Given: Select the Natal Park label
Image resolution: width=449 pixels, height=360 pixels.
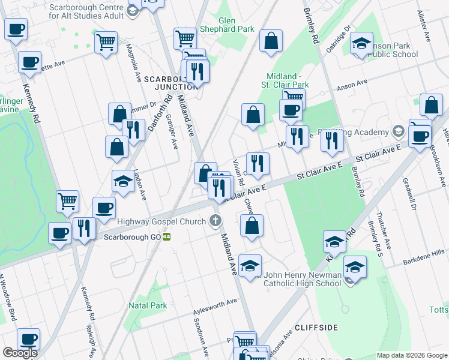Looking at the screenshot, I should click(x=147, y=305).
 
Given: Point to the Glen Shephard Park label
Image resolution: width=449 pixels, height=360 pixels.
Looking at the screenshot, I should click(x=228, y=25).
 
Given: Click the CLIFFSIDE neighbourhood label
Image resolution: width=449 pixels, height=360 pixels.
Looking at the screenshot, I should click(x=316, y=327).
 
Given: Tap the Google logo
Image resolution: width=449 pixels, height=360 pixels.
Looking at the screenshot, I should click(x=19, y=353).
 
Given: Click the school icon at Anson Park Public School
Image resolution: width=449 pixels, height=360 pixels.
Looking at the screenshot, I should click(x=362, y=43).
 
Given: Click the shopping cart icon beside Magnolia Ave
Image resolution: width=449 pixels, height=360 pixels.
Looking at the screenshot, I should click(x=106, y=43).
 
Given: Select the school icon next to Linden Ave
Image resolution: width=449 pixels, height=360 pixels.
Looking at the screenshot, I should click(x=123, y=181).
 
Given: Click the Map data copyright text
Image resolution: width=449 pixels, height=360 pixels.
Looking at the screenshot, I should click(x=412, y=355).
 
